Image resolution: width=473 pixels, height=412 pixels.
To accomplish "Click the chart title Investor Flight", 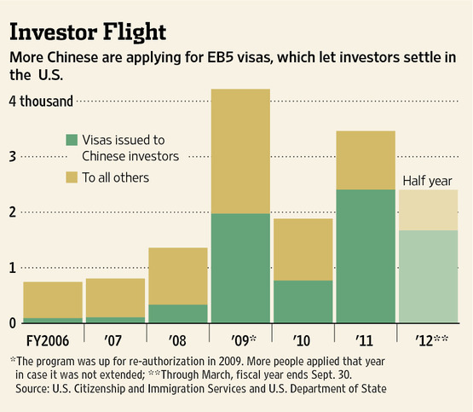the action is pyautogui.click(x=88, y=32).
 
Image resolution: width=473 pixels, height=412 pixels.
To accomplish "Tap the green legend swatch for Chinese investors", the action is pyautogui.click(x=72, y=140).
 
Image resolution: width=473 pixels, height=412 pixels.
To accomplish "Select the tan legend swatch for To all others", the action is pyautogui.click(x=72, y=177).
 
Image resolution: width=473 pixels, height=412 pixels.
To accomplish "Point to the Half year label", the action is pyautogui.click(x=427, y=181).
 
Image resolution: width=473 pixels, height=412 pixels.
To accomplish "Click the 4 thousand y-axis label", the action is pyautogui.click(x=41, y=102).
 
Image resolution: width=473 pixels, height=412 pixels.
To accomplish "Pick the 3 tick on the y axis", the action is pyautogui.click(x=13, y=157).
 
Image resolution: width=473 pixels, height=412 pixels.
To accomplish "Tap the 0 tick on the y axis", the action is pyautogui.click(x=13, y=323).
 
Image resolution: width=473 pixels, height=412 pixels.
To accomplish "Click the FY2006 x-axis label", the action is pyautogui.click(x=48, y=340).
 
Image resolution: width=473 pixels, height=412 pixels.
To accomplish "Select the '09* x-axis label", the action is pyautogui.click(x=244, y=340).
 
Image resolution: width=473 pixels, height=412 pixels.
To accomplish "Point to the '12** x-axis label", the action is pyautogui.click(x=432, y=340).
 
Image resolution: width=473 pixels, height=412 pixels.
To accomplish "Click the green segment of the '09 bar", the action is pyautogui.click(x=240, y=269).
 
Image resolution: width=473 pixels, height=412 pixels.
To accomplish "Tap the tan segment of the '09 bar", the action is pyautogui.click(x=240, y=151).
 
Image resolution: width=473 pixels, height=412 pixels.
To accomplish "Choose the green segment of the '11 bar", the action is pyautogui.click(x=366, y=256).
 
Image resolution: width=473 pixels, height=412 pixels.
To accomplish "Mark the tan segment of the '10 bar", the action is pyautogui.click(x=303, y=250).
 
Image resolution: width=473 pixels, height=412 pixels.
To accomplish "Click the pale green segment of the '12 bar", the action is pyautogui.click(x=429, y=276).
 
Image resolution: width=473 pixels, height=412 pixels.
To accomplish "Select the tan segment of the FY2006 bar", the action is pyautogui.click(x=53, y=300).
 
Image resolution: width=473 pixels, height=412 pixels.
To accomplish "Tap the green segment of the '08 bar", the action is pyautogui.click(x=178, y=314).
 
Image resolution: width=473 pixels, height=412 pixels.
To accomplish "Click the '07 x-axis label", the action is pyautogui.click(x=112, y=340).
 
